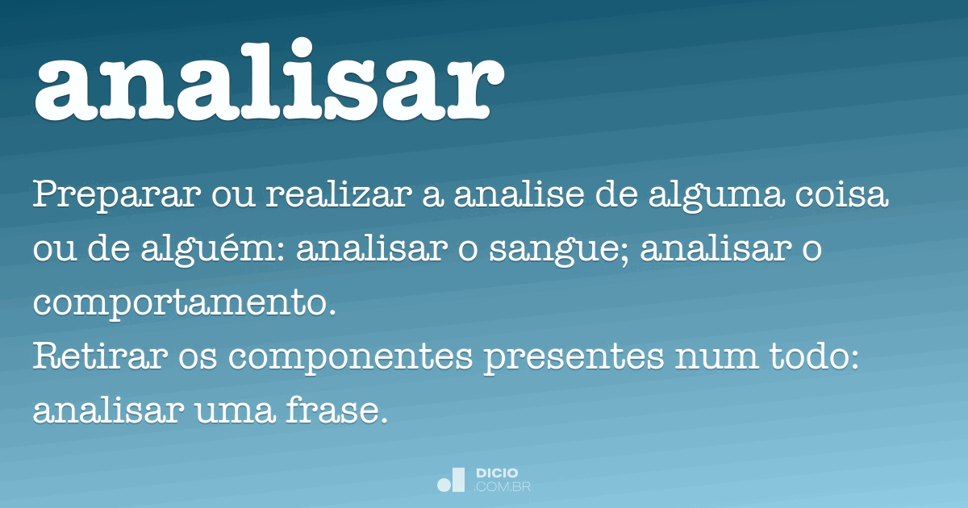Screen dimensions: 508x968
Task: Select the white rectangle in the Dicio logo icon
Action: tap(458, 480)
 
